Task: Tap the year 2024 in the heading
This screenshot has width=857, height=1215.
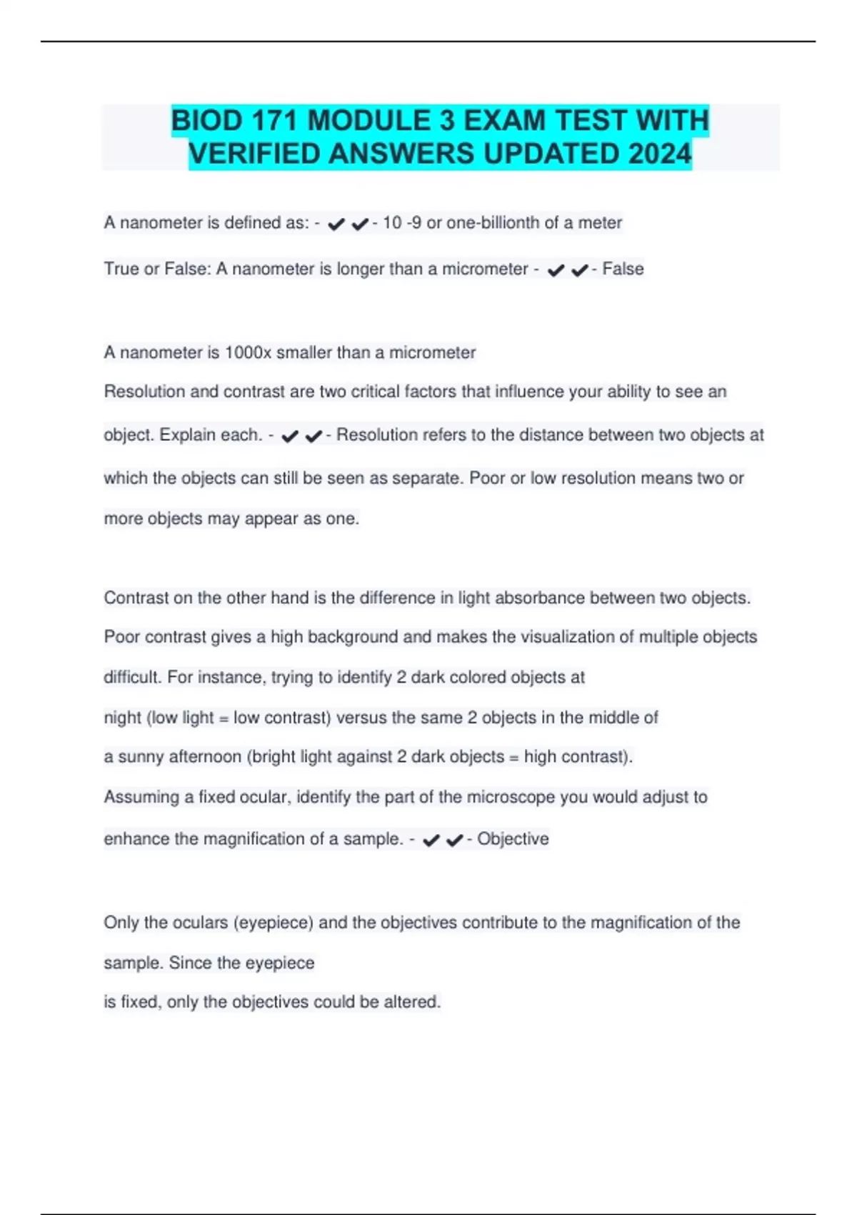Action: [x=661, y=154]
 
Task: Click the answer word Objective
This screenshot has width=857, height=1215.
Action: [x=513, y=838]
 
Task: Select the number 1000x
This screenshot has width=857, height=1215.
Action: [x=248, y=352]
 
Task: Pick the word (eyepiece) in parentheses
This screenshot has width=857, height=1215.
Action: [x=274, y=923]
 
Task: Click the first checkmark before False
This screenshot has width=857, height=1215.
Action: [x=556, y=270]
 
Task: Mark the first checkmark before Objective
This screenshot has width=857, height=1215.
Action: [x=431, y=840]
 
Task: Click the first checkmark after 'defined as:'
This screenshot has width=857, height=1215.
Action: [x=336, y=224]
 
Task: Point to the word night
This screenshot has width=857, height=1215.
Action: [x=123, y=718]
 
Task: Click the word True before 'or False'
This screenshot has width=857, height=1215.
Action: [x=121, y=269]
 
